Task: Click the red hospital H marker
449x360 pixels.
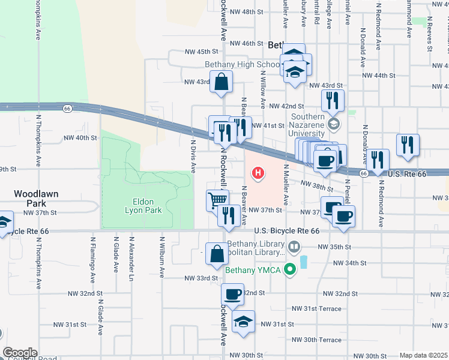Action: click(258, 174)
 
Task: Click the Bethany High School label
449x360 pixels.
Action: click(242, 65)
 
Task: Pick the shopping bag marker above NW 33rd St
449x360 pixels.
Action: click(217, 253)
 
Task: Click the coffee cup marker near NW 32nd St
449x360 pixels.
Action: click(232, 294)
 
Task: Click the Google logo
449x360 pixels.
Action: click(20, 353)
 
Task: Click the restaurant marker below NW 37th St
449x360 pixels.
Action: click(229, 215)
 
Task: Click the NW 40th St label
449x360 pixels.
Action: click(80, 138)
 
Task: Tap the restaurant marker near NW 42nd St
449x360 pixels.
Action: click(333, 101)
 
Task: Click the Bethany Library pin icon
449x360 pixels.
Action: click(295, 246)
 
